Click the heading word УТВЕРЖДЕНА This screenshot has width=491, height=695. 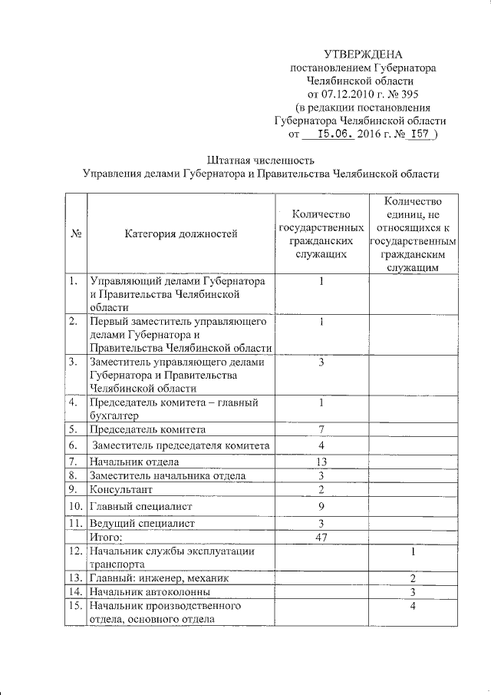[x=363, y=54]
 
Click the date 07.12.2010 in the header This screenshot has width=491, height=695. [x=344, y=94]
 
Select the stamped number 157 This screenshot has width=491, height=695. [x=419, y=133]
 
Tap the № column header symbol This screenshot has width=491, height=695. [x=76, y=233]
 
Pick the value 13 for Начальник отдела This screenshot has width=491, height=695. [x=322, y=462]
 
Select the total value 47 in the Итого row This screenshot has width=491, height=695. [x=322, y=537]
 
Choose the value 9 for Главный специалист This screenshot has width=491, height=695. [x=322, y=506]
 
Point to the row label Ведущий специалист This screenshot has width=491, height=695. [x=142, y=523]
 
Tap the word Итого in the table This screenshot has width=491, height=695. [x=106, y=537]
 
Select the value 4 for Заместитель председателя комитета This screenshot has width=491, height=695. [x=322, y=445]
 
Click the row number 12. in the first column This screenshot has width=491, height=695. [x=75, y=551]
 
